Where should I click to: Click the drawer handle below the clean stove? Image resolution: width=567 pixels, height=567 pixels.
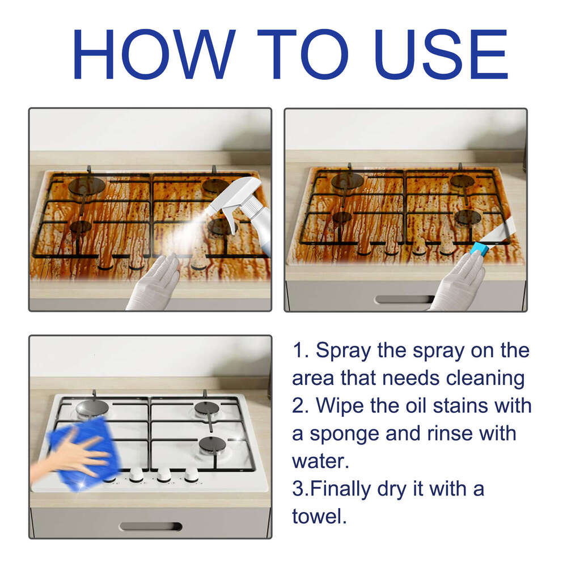150,526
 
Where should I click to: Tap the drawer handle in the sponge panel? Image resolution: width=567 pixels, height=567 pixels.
404,299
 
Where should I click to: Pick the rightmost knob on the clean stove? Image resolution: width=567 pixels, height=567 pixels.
191,475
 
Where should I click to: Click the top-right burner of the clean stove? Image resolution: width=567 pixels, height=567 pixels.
206,408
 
